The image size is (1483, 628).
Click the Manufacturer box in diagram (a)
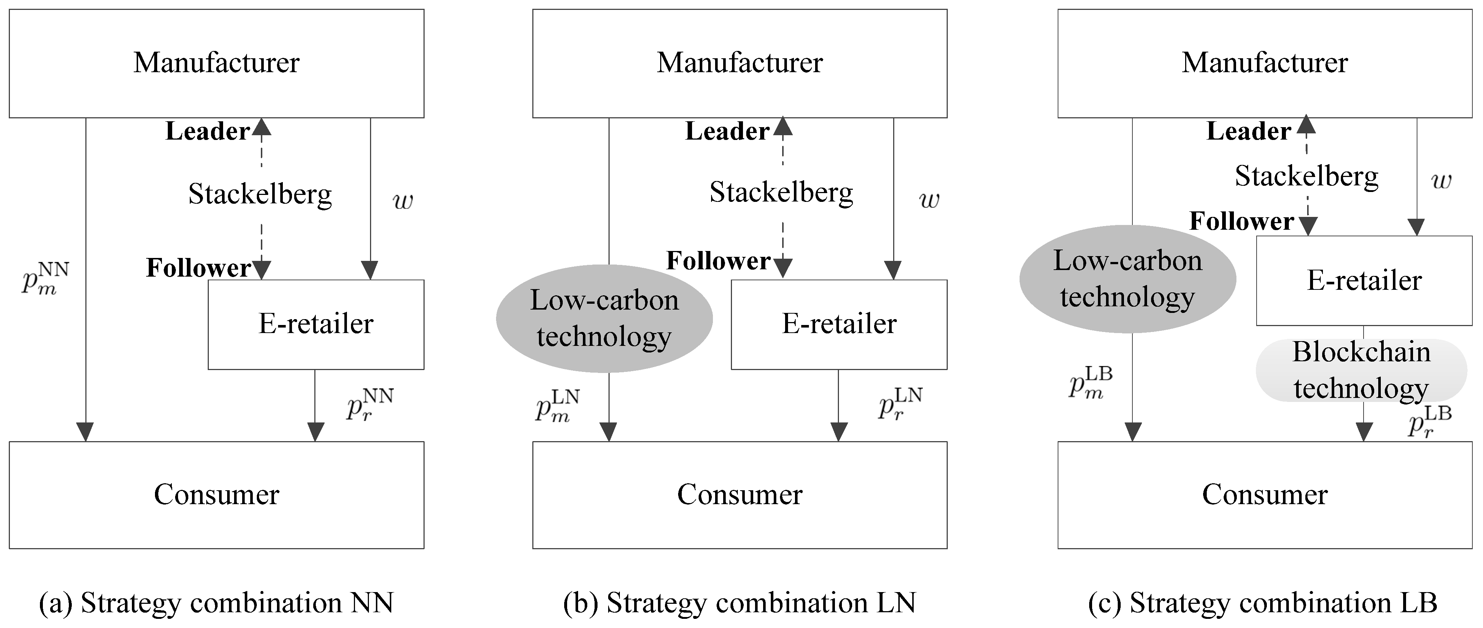pos(217,63)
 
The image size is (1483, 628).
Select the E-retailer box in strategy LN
pos(839,324)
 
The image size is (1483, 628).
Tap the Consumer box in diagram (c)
pos(1265,495)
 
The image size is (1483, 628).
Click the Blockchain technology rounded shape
pos(1361,370)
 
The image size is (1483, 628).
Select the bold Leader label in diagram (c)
pos(1248,131)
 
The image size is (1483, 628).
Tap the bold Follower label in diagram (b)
pos(718,261)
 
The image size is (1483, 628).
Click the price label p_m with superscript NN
pos(45,278)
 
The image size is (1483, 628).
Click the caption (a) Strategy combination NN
pos(217,603)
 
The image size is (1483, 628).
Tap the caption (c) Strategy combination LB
pos(1262,603)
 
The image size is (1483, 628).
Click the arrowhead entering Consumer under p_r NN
pos(315,432)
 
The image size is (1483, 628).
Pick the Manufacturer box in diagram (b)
pos(740,63)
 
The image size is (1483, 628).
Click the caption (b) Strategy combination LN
pos(739,603)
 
